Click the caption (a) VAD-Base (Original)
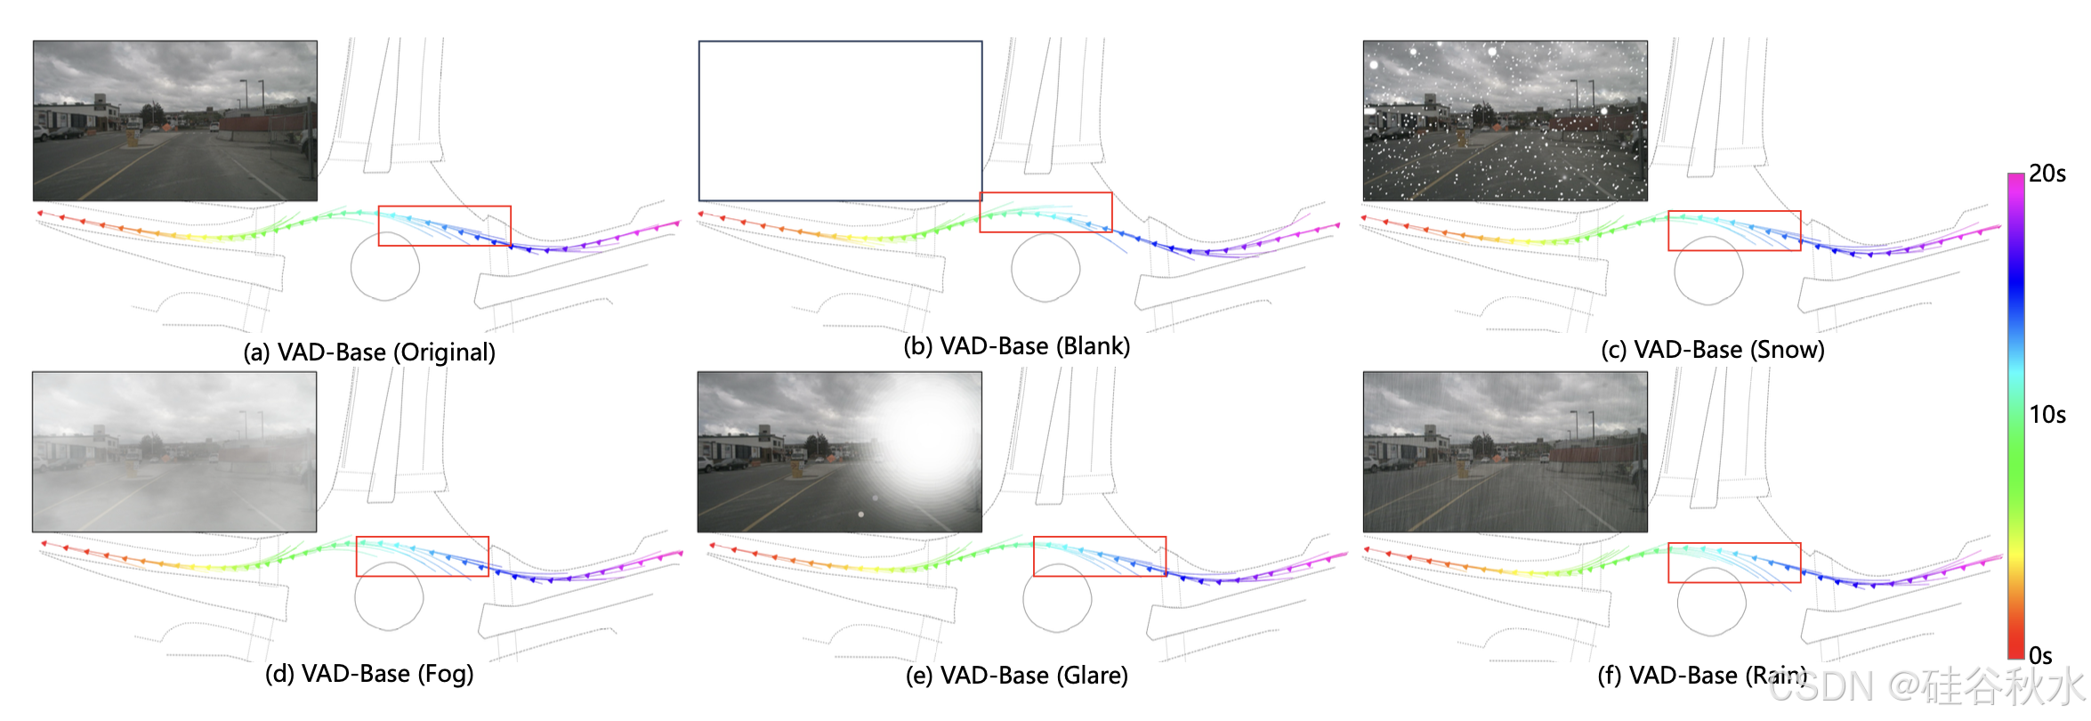click(369, 352)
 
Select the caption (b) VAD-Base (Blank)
click(1016, 346)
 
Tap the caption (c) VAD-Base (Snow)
click(1712, 350)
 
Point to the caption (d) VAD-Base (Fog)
click(369, 674)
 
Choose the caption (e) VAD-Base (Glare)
click(1016, 676)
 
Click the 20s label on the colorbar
click(2047, 174)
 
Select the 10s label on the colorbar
click(2047, 415)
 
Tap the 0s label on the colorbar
click(2040, 656)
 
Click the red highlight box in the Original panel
click(444, 226)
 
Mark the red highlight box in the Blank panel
click(1045, 212)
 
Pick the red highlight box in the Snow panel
click(1733, 231)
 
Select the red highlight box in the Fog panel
click(422, 556)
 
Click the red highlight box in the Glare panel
click(1099, 556)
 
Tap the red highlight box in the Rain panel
click(1733, 563)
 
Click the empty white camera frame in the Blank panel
click(840, 120)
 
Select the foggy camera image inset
click(174, 451)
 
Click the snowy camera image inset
click(1505, 120)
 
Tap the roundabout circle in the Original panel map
click(384, 267)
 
